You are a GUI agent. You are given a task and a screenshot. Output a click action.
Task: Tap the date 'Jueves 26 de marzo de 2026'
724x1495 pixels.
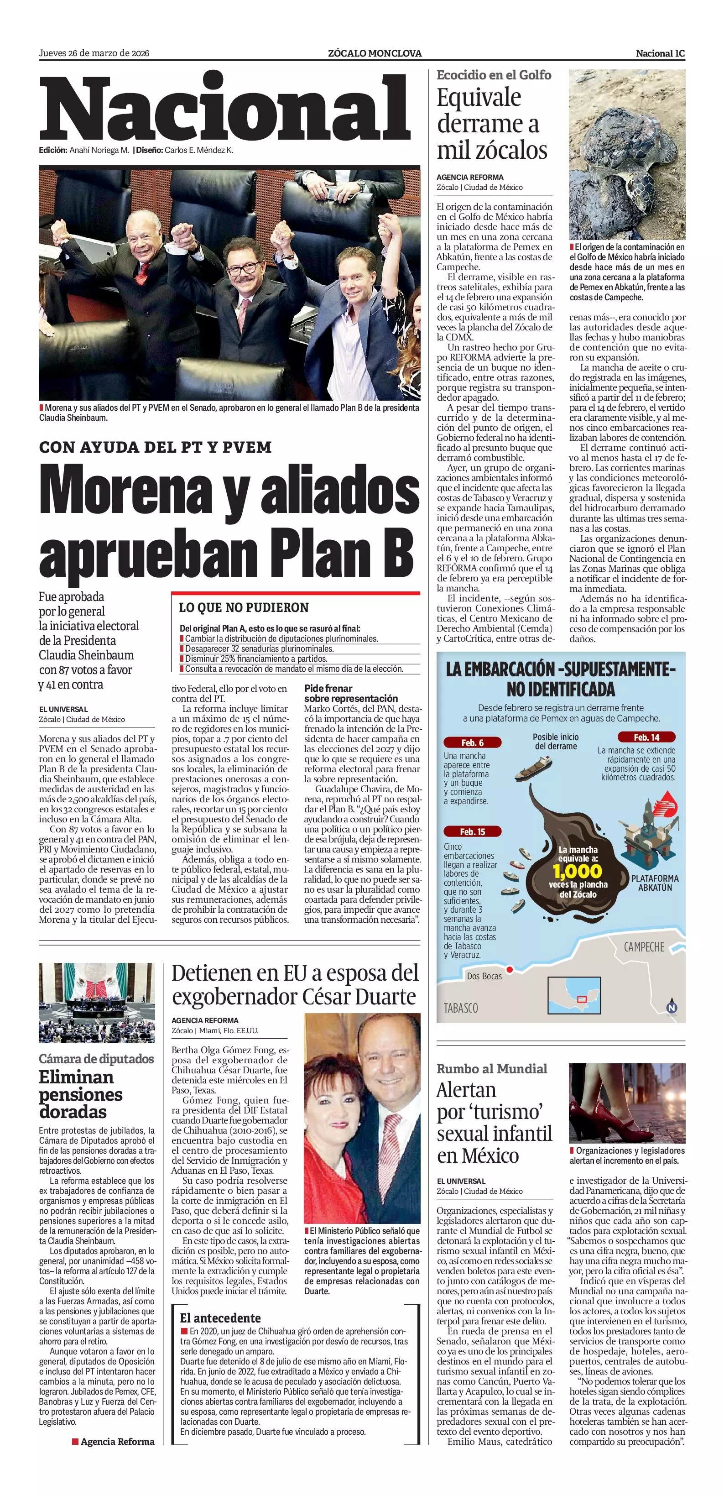click(x=94, y=53)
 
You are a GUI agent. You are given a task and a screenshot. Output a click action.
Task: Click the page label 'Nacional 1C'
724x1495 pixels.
click(x=660, y=53)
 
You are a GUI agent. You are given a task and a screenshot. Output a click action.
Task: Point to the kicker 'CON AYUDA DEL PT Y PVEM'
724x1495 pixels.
click(x=156, y=448)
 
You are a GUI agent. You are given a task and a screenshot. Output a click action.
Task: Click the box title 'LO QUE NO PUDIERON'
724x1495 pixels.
click(x=244, y=608)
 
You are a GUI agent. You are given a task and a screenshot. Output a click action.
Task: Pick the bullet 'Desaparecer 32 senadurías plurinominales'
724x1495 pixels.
click(x=259, y=649)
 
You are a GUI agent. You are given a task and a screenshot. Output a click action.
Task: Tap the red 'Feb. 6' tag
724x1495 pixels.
click(x=472, y=743)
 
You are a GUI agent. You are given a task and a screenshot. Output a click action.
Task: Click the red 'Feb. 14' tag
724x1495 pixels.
click(x=646, y=737)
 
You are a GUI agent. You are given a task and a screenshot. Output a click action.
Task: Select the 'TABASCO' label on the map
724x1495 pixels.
click(x=461, y=1008)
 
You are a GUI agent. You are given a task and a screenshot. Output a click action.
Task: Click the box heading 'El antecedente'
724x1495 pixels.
click(x=220, y=1318)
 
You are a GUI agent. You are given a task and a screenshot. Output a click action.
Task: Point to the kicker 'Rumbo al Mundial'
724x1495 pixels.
click(x=491, y=1068)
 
